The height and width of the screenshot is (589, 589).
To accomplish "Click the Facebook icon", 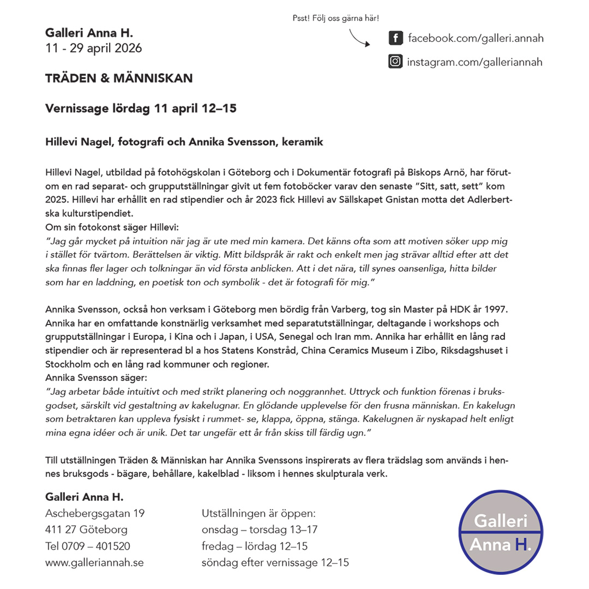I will click(x=395, y=39).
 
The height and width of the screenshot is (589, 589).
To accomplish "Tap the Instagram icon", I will click(x=395, y=62).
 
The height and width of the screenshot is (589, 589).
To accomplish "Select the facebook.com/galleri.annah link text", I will click(x=475, y=39).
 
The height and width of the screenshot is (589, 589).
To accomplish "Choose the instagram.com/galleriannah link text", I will click(x=474, y=62).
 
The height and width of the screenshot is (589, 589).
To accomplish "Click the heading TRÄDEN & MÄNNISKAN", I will click(x=119, y=79).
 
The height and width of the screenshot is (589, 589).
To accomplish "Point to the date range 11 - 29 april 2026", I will click(x=94, y=49).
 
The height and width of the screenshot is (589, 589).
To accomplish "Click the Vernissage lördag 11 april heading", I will click(x=141, y=109).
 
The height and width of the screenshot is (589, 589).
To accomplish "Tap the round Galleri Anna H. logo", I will click(x=501, y=531).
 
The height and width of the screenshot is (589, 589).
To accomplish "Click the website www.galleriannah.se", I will click(x=94, y=562).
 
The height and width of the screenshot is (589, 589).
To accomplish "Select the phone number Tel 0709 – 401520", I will click(x=88, y=546).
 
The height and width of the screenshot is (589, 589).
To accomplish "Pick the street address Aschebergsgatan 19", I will click(x=95, y=513).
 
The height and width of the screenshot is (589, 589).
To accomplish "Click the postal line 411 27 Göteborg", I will click(x=86, y=530).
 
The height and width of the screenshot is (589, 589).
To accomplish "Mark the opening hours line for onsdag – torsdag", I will click(x=260, y=530).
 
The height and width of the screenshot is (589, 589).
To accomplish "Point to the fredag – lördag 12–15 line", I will click(x=255, y=546).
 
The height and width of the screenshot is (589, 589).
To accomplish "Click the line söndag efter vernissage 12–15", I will click(x=275, y=562).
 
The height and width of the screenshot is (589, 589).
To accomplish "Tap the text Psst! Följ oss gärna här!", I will click(x=336, y=19).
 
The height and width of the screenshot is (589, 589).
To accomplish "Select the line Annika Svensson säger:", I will click(x=97, y=377).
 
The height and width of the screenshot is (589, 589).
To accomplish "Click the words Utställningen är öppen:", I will click(x=259, y=513).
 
